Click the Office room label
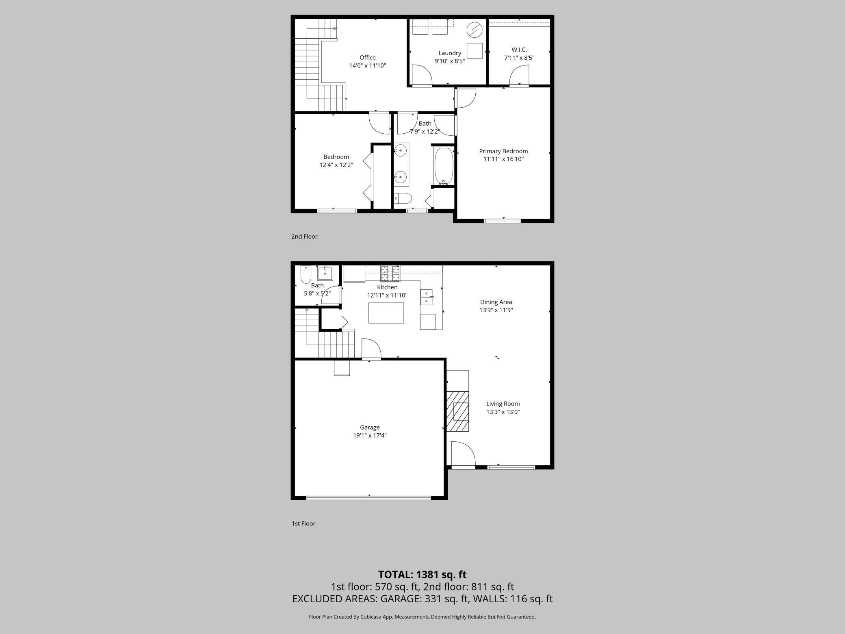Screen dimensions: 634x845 coord(367,58)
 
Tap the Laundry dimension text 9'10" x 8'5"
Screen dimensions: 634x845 coord(449,61)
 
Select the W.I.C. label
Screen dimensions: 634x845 coord(519,50)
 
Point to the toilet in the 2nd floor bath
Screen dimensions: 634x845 coord(403,198)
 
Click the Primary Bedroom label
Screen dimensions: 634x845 coord(503,151)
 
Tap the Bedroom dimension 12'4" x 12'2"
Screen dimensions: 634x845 coord(336,165)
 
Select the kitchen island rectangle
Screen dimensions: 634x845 coord(386,313)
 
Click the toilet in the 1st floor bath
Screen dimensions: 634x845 coord(305,275)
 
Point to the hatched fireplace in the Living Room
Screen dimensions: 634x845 coord(458,411)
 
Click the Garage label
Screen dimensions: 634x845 coord(370,428)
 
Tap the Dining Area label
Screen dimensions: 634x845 coord(496,302)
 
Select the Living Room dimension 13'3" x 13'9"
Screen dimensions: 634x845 coord(503,412)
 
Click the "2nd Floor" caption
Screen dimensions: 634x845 coord(304,237)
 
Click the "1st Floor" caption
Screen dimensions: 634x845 coord(303,523)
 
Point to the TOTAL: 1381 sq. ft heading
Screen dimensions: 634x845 coord(422,574)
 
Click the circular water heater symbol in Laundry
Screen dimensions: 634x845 coord(474,30)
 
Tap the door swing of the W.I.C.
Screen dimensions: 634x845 coord(519,76)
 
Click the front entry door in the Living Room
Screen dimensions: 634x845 coord(462,454)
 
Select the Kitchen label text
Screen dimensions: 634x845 coord(387,287)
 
